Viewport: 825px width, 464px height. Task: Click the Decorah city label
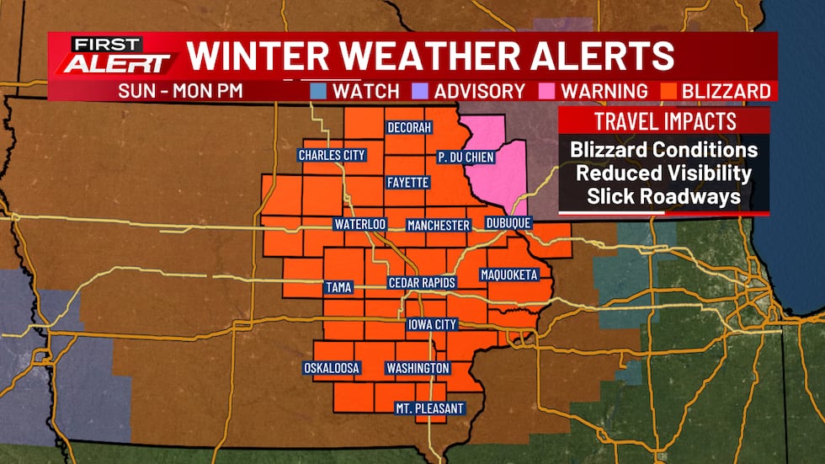tap(409, 127)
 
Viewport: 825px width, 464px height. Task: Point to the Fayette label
tap(408, 182)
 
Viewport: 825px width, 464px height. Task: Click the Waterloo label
tap(359, 225)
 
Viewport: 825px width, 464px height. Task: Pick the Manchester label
tap(438, 225)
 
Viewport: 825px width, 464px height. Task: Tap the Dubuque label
tap(508, 223)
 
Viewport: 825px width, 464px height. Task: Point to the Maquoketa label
tap(508, 275)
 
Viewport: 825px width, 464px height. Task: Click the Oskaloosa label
tap(332, 368)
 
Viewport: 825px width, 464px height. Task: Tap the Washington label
tap(418, 368)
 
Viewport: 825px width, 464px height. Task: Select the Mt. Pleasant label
tap(429, 408)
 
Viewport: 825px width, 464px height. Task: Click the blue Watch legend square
tap(318, 90)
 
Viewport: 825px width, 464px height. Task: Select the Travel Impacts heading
tap(665, 120)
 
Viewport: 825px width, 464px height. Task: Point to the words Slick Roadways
tap(663, 196)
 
